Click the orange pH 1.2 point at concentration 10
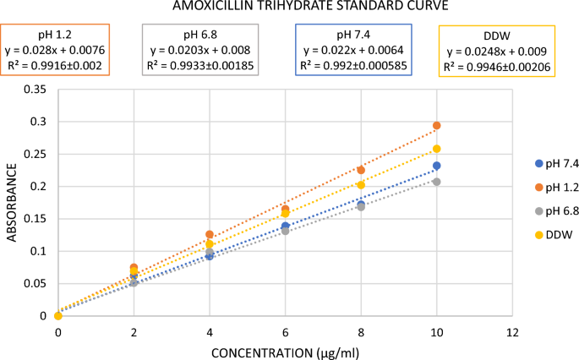click(437, 126)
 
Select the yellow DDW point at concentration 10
click(437, 149)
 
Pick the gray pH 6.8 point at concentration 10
click(437, 182)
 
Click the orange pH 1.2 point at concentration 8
click(361, 170)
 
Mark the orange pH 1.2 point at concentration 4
click(210, 235)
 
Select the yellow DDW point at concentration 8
click(361, 185)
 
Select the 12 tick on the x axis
click(512, 332)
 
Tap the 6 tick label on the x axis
click(286, 332)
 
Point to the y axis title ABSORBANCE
click(12, 201)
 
